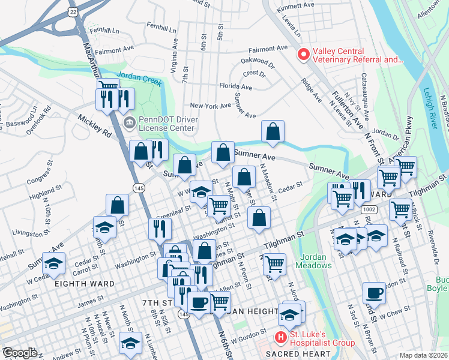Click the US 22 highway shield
(x=73, y=11)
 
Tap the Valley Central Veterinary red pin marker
(x=304, y=55)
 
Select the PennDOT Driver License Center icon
(x=129, y=122)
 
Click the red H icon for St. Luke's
(x=280, y=338)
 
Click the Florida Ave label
(x=235, y=86)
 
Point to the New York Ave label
(x=211, y=106)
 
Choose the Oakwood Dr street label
(x=258, y=61)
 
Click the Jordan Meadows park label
(x=312, y=261)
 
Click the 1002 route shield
(x=369, y=209)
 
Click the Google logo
(x=20, y=353)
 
